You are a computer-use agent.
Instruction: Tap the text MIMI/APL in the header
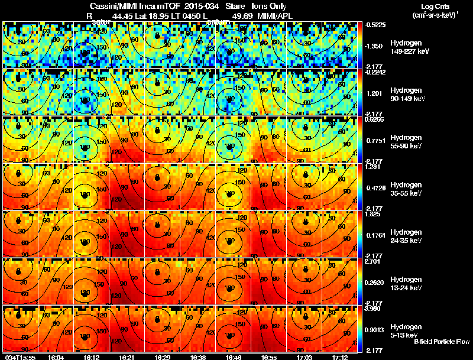tap(276, 16)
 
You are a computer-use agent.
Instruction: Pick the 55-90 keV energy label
tap(406, 146)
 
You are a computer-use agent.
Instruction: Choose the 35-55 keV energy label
tap(406, 193)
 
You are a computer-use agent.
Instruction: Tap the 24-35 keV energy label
tap(406, 241)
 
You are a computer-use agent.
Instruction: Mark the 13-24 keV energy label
tap(406, 288)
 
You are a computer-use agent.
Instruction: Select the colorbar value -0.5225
tap(376, 25)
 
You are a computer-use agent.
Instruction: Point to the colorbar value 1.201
tap(376, 93)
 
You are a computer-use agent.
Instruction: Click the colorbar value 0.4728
tap(376, 187)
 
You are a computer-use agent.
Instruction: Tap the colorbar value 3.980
tap(376, 309)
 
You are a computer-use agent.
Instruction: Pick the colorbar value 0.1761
tap(376, 235)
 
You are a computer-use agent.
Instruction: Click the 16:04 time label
tap(57, 357)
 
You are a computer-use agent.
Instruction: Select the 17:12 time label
tap(340, 357)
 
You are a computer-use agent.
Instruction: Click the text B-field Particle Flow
tap(442, 342)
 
